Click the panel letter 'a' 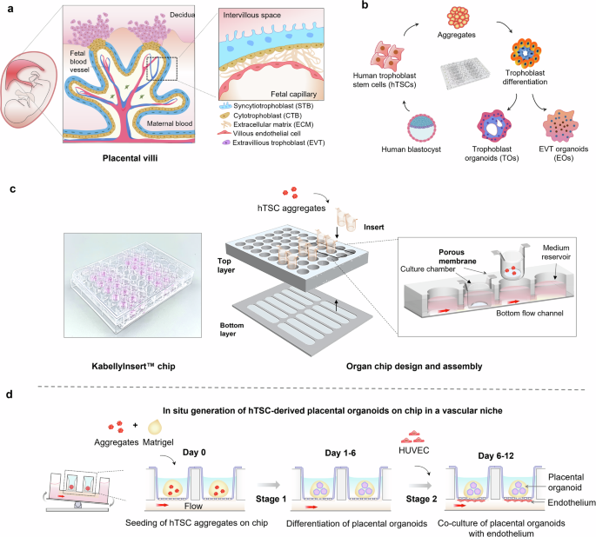coord(10,9)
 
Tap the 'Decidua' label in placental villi coord(182,15)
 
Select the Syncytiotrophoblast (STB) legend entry coord(266,106)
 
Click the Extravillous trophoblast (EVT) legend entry coord(273,143)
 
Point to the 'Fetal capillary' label coord(293,94)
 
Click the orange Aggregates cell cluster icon coord(458,17)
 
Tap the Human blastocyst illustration coord(421,128)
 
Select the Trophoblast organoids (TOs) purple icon coord(493,126)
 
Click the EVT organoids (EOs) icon coord(560,125)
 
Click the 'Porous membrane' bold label coord(458,256)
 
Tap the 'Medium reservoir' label coord(556,252)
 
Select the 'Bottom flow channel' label coord(530,313)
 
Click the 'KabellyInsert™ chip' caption coord(133,366)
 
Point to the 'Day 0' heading coord(194,453)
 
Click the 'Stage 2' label coord(421,499)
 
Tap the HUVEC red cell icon coord(413,438)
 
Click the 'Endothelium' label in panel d coord(572,502)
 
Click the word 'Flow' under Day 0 coord(193,506)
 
